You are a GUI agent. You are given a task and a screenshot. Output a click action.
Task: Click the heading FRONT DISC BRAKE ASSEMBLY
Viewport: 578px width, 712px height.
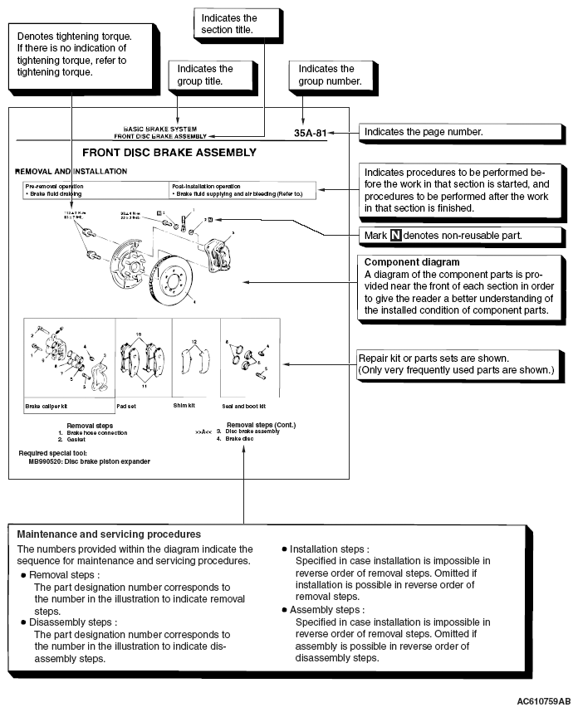(169, 153)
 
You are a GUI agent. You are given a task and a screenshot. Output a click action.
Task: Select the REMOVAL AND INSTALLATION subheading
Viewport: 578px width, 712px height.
(71, 171)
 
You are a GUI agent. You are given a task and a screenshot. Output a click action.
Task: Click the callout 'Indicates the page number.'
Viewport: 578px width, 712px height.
(423, 132)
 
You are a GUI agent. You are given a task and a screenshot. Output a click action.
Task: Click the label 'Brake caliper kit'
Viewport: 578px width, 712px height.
(46, 407)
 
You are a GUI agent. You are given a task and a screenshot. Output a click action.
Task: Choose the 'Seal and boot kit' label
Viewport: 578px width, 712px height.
(244, 407)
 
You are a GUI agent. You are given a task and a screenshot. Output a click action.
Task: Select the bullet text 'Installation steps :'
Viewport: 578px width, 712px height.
(330, 549)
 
